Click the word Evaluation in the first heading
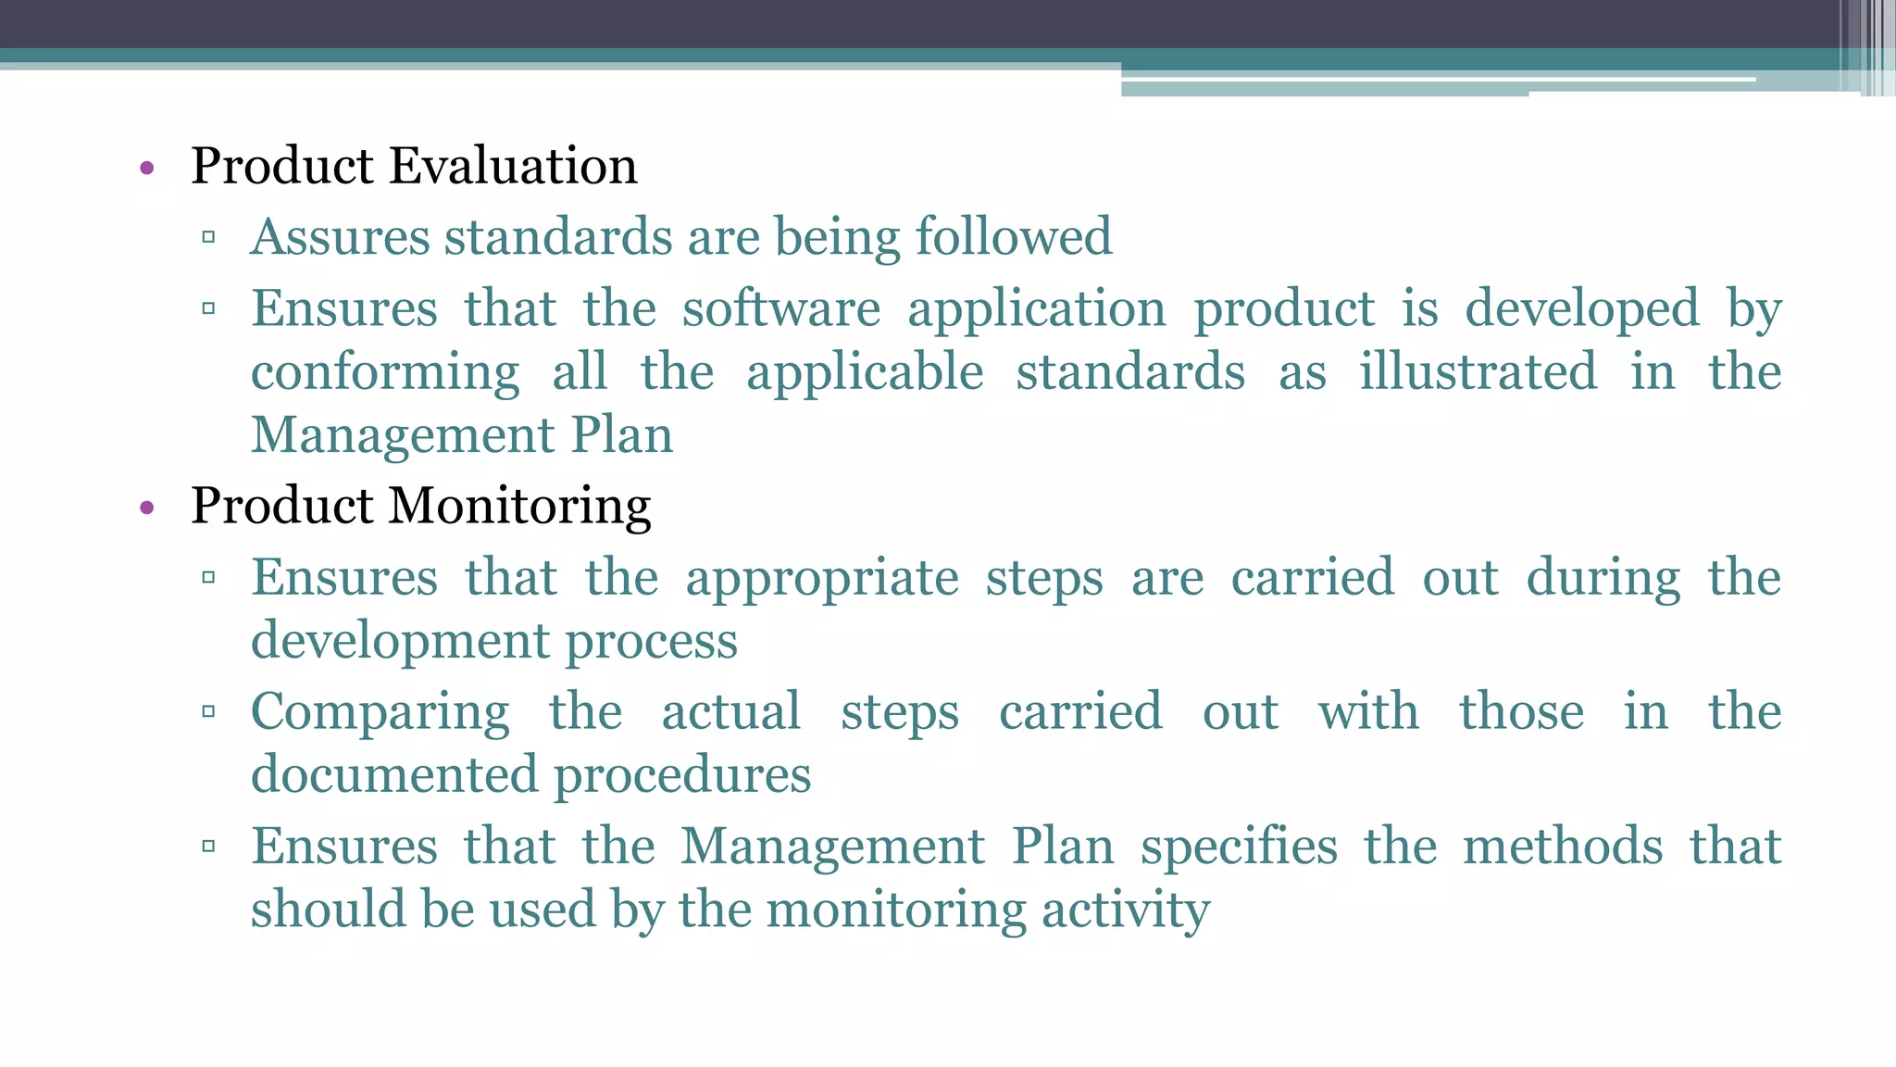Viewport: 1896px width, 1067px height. (513, 166)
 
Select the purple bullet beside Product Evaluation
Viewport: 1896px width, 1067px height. (146, 169)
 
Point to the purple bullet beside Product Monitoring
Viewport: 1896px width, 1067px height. (146, 508)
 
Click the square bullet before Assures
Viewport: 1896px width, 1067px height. (208, 237)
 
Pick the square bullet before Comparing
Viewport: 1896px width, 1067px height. (208, 712)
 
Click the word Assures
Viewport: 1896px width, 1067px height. (340, 236)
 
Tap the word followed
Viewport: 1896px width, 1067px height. (1013, 236)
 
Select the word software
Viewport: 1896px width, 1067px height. (781, 308)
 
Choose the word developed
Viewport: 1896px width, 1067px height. (1582, 308)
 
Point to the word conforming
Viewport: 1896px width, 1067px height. (385, 372)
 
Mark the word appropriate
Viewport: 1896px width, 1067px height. (821, 578)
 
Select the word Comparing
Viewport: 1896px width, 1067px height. (380, 712)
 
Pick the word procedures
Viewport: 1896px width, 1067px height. (682, 774)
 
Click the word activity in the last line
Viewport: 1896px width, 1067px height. (1125, 910)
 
